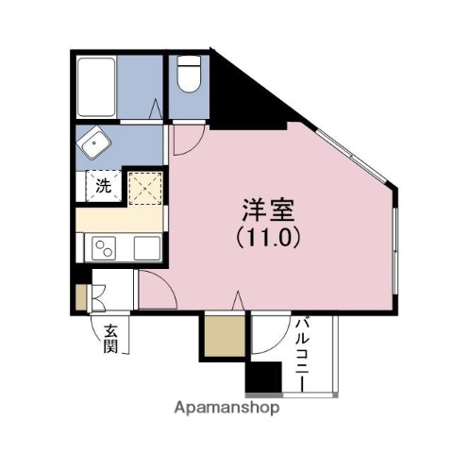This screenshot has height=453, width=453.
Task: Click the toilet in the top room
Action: click(189, 74)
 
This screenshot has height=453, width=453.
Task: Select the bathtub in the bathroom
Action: click(95, 87)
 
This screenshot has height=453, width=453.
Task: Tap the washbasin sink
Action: click(95, 145)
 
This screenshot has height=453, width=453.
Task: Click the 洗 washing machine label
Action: click(102, 185)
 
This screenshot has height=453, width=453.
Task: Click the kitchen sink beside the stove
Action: click(147, 250)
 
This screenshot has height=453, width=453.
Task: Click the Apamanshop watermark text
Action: click(226, 410)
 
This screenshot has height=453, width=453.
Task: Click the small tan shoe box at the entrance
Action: click(81, 295)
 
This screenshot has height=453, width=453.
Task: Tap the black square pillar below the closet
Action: click(263, 378)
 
